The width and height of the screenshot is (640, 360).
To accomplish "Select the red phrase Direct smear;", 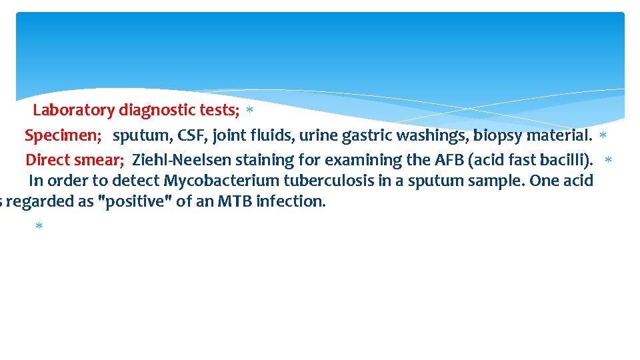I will pos(75,160).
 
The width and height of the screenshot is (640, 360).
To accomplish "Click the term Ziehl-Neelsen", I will pos(175,160).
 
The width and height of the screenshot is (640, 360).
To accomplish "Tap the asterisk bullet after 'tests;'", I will pos(249,110).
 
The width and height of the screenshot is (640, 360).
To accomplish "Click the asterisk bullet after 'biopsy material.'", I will pos(603,136).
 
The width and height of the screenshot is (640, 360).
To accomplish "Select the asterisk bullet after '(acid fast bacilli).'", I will pos(607,161).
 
